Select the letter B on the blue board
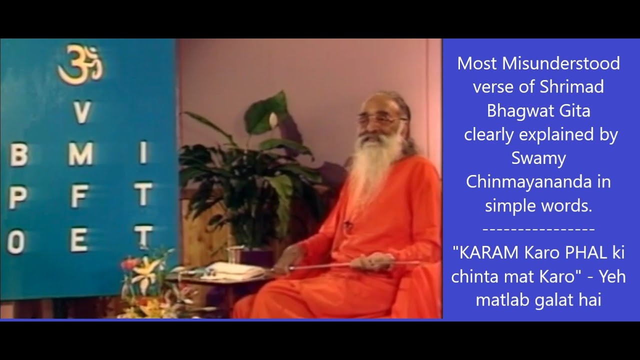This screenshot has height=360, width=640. (x=18, y=156)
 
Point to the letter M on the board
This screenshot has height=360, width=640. (x=80, y=155)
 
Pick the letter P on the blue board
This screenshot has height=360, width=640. (x=17, y=199)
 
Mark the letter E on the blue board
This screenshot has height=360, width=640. (x=79, y=241)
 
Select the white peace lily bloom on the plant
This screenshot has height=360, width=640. (x=273, y=120)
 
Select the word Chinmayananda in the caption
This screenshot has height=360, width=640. (x=527, y=181)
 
